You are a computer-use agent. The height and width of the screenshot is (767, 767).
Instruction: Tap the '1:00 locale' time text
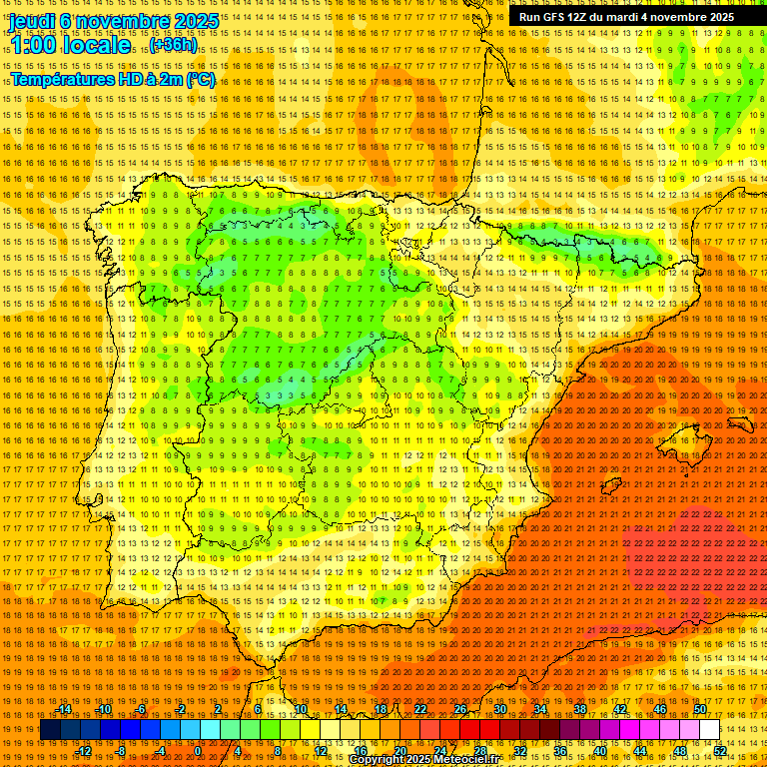pyautogui.click(x=70, y=46)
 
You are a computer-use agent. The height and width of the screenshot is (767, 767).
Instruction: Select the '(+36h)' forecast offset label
pyautogui.click(x=173, y=46)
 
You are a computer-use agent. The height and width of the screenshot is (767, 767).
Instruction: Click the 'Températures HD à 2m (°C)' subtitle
pyautogui.click(x=112, y=80)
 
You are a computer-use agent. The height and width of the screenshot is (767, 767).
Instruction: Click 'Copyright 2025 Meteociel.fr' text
pyautogui.click(x=437, y=760)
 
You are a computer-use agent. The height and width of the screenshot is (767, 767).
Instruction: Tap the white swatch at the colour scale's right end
pyautogui.click(x=709, y=730)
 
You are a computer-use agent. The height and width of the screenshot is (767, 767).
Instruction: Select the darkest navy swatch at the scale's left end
pyautogui.click(x=50, y=730)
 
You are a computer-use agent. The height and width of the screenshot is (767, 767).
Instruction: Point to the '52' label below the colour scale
pyautogui.click(x=720, y=750)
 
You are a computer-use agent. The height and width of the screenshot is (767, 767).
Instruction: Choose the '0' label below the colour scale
pyautogui.click(x=198, y=750)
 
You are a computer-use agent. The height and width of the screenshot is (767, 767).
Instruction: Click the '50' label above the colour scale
pyautogui.click(x=700, y=709)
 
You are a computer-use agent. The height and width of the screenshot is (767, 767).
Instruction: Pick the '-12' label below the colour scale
pyautogui.click(x=84, y=750)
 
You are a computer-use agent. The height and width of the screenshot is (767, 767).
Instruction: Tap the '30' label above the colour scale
pyautogui.click(x=500, y=709)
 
